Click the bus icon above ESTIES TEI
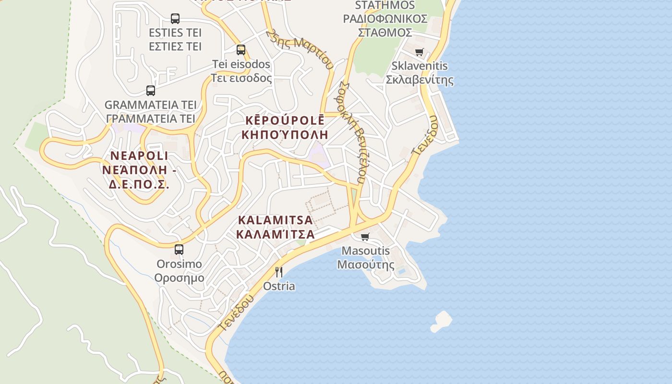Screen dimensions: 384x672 coord(175,19)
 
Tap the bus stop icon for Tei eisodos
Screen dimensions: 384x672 coord(241,49)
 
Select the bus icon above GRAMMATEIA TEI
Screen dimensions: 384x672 coord(151,90)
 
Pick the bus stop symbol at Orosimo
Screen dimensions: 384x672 coord(179,249)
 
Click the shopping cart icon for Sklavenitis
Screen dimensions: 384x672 coord(420,52)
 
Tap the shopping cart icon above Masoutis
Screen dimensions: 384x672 coord(365,237)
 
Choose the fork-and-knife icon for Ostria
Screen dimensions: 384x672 coord(279,272)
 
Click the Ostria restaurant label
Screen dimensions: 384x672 coord(279,286)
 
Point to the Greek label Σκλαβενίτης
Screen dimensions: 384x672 coord(420,79)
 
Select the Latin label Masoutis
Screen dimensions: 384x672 coord(365,251)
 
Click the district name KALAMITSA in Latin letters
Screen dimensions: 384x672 coord(275,220)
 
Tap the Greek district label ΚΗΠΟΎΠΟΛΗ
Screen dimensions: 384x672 coord(285,134)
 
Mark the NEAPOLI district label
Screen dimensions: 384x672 coord(139,156)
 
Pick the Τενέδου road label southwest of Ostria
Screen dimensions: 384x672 coord(236,312)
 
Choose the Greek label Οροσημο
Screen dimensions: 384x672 coord(179,278)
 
